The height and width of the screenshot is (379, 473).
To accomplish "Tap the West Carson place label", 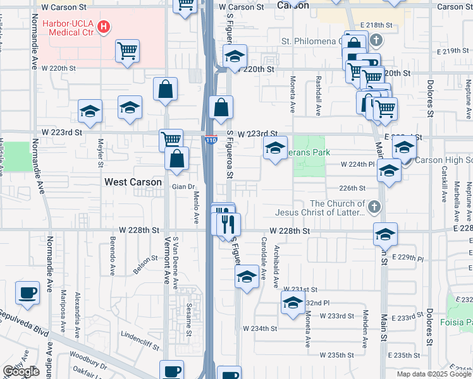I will coord(133,182).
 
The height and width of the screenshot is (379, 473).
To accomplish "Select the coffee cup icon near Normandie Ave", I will coord(28,292).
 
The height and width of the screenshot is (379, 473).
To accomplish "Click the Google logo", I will coord(21,371).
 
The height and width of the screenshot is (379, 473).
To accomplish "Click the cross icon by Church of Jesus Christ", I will coord(374,207).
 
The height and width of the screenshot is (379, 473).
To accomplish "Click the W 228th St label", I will coord(290,232).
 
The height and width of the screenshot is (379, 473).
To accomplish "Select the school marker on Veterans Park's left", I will coord(275,148).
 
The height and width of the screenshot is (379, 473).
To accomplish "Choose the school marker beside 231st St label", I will coord(293,303).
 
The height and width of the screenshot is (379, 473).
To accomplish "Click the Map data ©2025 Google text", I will coord(434,374).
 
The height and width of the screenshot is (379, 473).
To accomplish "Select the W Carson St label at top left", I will coord(63,7).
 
